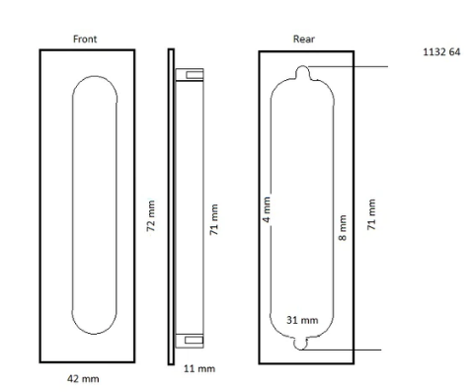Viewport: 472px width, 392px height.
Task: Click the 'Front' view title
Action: [x=85, y=39]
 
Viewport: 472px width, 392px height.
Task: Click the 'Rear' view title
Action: [x=304, y=39]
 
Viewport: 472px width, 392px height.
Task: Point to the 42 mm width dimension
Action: [x=84, y=377]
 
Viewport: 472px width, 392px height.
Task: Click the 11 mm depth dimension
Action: [x=200, y=368]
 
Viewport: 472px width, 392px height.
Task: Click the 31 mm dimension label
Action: [x=302, y=320]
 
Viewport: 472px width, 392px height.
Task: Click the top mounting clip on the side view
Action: [x=192, y=73]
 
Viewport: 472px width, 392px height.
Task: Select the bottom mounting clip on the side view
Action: [x=192, y=341]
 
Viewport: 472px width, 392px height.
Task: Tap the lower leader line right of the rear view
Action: [x=355, y=350]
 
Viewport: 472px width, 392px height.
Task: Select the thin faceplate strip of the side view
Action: [x=170, y=205]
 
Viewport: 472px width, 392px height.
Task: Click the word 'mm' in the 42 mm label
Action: [x=91, y=377]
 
